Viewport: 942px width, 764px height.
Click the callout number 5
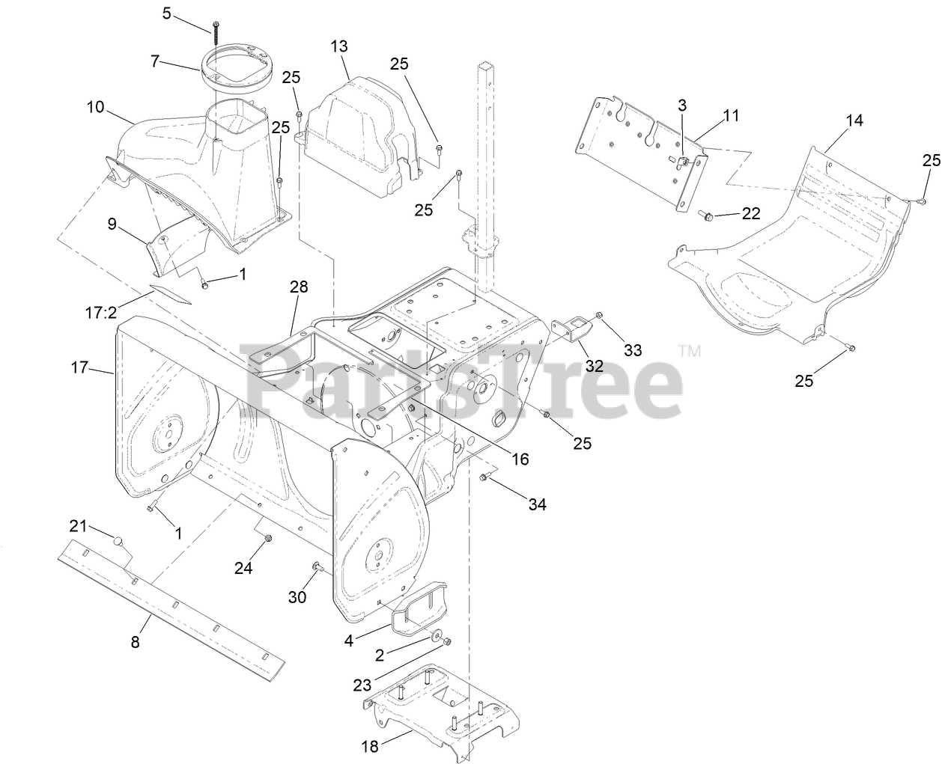click(x=166, y=13)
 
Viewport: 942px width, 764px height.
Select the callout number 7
click(x=155, y=61)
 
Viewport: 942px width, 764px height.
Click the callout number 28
click(x=299, y=287)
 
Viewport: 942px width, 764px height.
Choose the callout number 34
click(x=536, y=504)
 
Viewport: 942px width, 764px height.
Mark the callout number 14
click(x=854, y=120)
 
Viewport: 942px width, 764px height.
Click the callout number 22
click(x=750, y=213)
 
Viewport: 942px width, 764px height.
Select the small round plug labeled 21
click(x=117, y=540)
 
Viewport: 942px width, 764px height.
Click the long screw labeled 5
click(x=216, y=37)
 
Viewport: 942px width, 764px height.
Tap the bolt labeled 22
click(x=706, y=217)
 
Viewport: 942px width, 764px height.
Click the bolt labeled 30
click(x=317, y=566)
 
